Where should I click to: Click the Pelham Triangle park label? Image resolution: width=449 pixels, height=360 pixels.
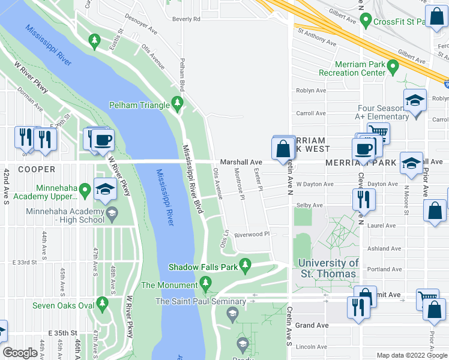[x=139, y=105]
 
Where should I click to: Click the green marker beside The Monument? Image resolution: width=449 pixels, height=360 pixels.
[x=206, y=282]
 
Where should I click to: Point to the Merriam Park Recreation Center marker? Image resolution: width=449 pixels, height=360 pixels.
[x=393, y=66]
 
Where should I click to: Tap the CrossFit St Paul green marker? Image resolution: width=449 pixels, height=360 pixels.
[x=366, y=22]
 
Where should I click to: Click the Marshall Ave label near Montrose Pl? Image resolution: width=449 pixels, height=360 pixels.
[x=241, y=162]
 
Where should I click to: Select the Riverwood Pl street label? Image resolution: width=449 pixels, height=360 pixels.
[x=252, y=235]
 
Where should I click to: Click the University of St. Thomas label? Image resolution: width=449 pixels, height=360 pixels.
[x=328, y=268]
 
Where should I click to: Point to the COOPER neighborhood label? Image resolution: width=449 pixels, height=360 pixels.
[x=36, y=170]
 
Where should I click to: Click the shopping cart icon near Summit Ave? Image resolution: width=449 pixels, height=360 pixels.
[x=427, y=298]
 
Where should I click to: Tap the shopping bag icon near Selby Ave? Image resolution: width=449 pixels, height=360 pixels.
[x=434, y=211]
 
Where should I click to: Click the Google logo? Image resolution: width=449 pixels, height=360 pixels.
[x=20, y=353]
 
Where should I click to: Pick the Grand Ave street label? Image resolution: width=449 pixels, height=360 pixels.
[x=312, y=325]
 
